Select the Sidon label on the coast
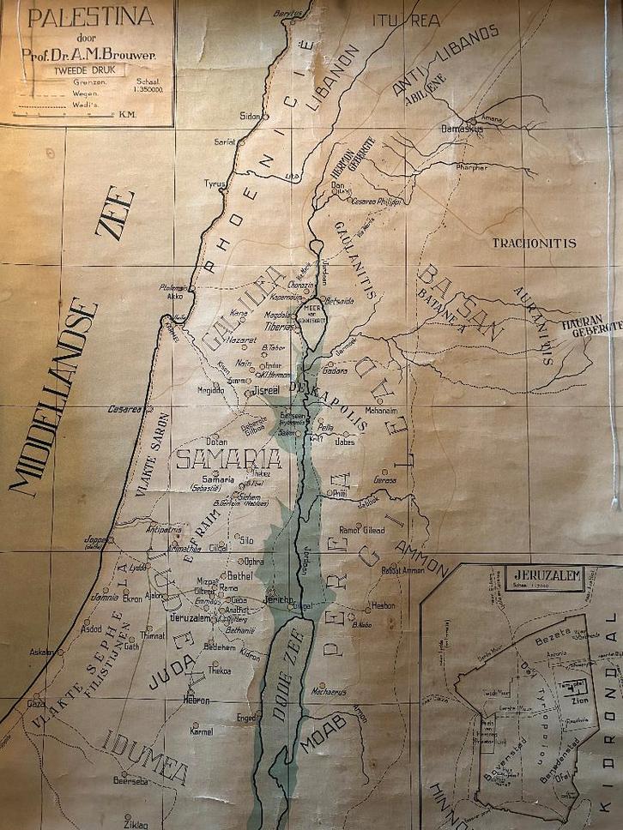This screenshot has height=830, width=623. (249, 114)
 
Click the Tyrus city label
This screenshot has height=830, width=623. (214, 183)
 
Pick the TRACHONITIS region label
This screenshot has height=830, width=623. (534, 243)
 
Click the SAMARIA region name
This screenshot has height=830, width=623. (229, 459)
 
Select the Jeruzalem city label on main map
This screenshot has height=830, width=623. (191, 617)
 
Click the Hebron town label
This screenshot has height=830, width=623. (196, 700)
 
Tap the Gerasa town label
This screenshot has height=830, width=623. (385, 481)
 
